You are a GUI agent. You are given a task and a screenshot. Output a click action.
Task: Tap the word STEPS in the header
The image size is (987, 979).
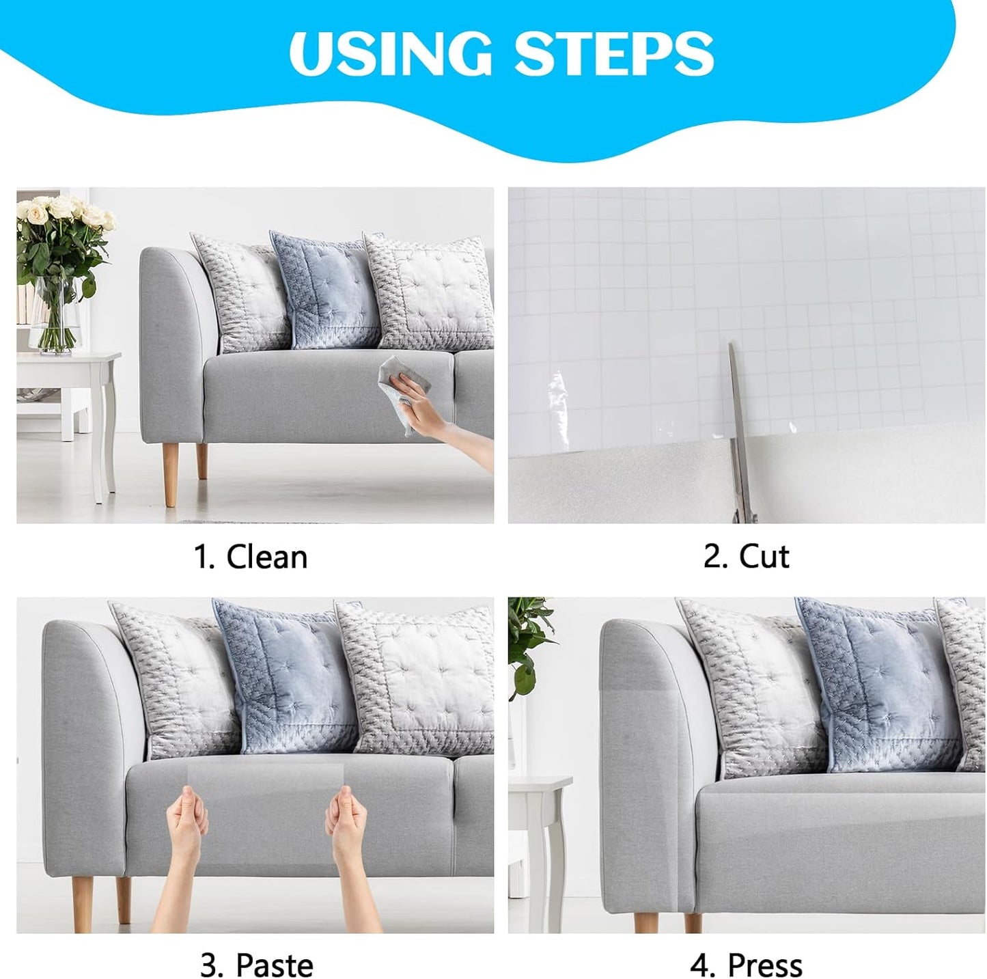point(614,53)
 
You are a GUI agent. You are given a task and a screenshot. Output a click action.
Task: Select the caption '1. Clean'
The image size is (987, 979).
point(251,557)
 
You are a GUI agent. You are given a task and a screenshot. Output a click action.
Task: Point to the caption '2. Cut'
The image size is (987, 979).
point(746,557)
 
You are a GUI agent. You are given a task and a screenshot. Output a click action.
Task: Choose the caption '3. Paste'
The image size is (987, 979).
point(256,965)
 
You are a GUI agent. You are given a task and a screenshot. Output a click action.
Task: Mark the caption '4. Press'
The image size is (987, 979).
point(746,965)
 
